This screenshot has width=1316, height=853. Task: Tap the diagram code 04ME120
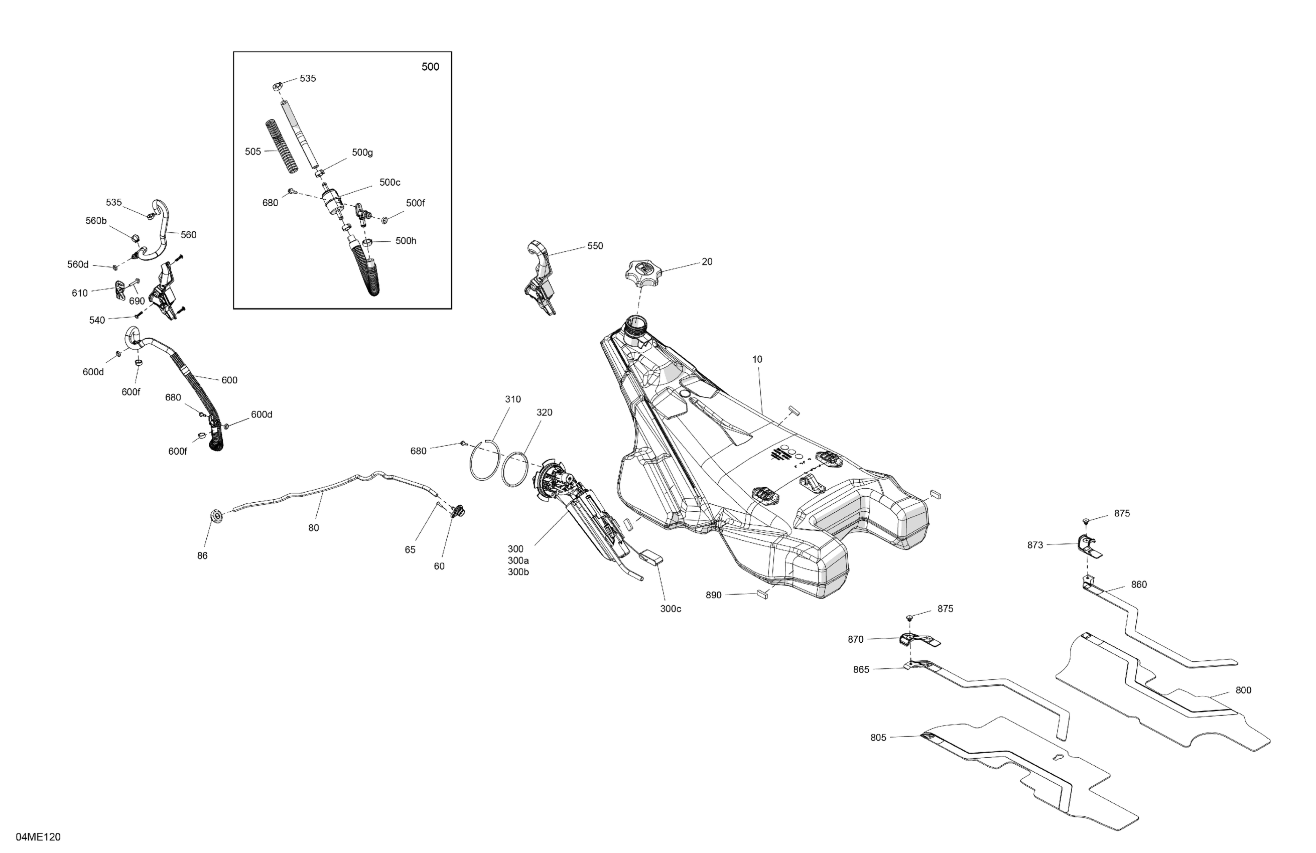pos(38,836)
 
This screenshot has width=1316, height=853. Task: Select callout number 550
pos(594,246)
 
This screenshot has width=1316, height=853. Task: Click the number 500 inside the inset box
pos(430,67)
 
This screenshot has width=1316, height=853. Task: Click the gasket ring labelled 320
pos(515,469)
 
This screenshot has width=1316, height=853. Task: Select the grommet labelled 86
pos(217,517)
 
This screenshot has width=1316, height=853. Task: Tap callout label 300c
pos(670,609)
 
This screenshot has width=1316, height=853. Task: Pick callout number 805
pos(878,738)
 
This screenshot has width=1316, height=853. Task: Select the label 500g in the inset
pos(362,153)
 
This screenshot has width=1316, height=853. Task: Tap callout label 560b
pos(96,221)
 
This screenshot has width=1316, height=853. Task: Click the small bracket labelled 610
pos(120,290)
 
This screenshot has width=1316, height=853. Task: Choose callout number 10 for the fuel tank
pos(757,359)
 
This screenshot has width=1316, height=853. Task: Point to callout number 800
pos(1243,690)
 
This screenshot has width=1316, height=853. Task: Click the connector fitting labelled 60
pos(458,511)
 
